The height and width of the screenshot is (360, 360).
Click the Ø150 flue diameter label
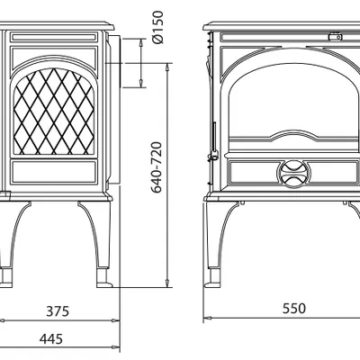click(157, 27)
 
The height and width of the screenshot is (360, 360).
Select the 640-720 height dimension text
click(157, 167)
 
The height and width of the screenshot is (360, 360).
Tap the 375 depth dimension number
click(58, 311)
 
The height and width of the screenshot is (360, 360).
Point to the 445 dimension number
click(51, 339)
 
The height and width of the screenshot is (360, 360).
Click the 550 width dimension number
click(294, 309)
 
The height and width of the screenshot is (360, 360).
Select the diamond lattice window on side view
click(54, 112)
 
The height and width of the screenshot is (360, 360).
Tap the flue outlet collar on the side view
click(115, 62)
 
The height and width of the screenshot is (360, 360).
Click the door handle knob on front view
click(214, 156)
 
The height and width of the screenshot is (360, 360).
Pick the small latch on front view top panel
click(335, 37)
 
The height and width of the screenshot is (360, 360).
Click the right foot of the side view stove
click(103, 279)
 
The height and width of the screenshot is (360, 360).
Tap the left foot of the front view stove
click(212, 278)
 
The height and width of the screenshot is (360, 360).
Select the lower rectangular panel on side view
click(54, 172)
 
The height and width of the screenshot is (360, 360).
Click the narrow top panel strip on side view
click(54, 37)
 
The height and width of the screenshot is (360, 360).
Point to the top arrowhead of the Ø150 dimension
click(141, 42)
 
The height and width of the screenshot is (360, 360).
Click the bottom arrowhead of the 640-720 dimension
click(167, 283)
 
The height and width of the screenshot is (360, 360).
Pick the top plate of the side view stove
click(56, 26)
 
